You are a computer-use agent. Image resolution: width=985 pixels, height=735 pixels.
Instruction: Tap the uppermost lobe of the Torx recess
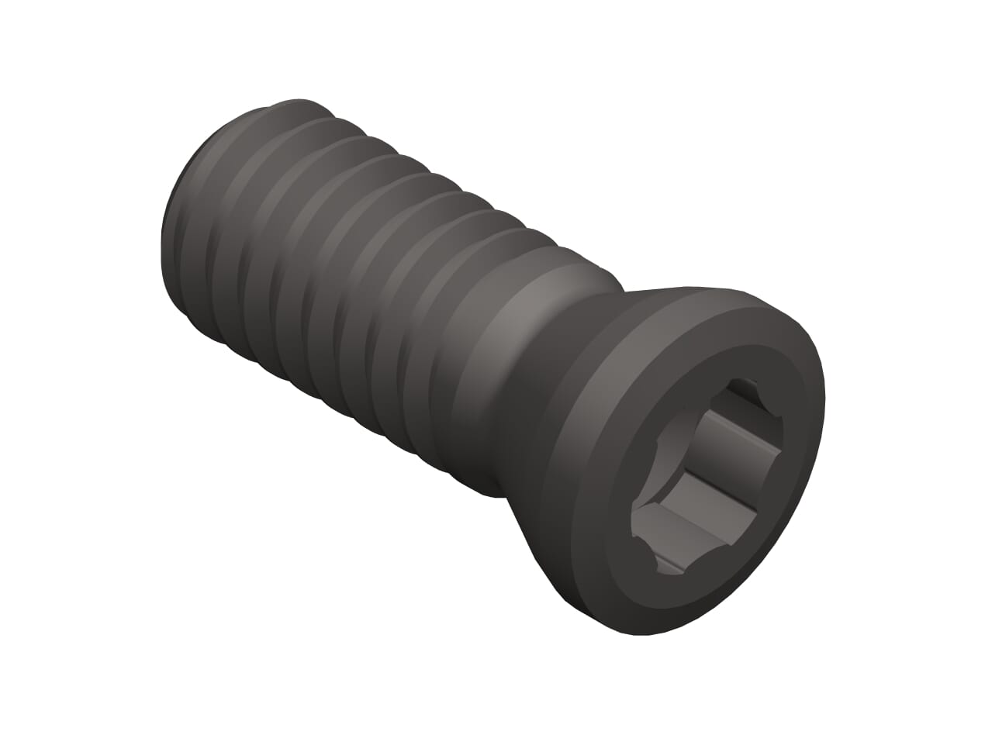(746, 388)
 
